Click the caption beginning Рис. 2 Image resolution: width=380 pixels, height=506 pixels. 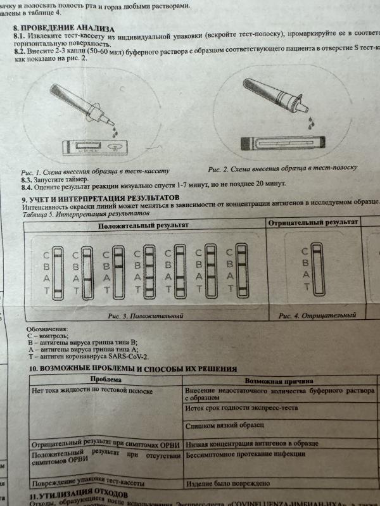pyautogui.click(x=282, y=168)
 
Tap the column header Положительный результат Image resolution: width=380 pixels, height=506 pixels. pyautogui.click(x=143, y=225)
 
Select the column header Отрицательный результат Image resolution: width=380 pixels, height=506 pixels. pyautogui.click(x=313, y=223)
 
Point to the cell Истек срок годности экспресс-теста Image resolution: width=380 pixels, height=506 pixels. pyautogui.click(x=241, y=408)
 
